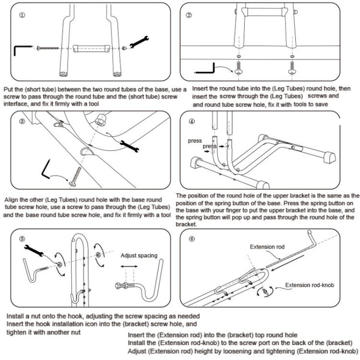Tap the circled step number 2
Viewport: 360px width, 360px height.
[x=189, y=15]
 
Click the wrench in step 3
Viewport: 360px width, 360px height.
[x=129, y=144]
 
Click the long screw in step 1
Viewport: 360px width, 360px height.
[x=47, y=48]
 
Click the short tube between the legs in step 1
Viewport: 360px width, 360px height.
[x=90, y=48]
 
